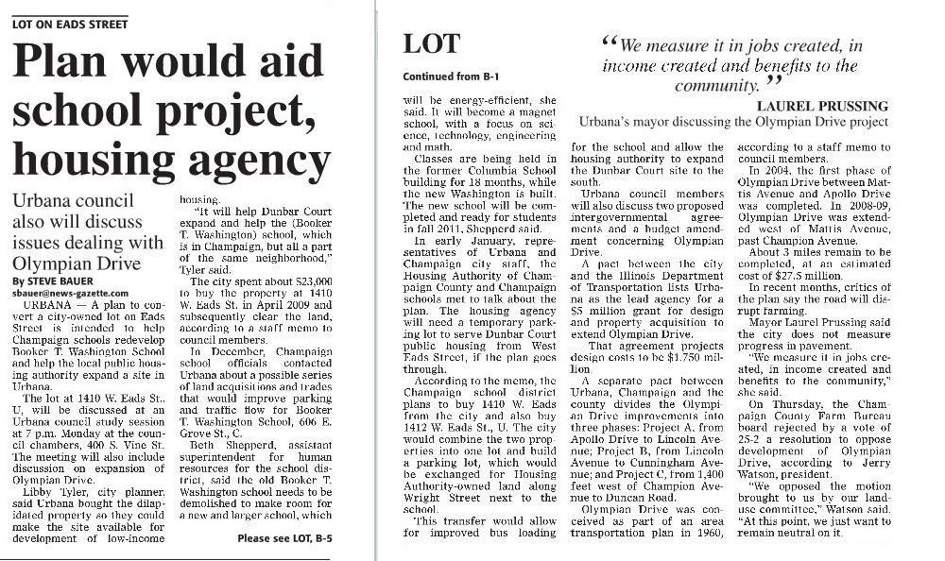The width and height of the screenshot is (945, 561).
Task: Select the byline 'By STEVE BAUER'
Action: tap(45, 279)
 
